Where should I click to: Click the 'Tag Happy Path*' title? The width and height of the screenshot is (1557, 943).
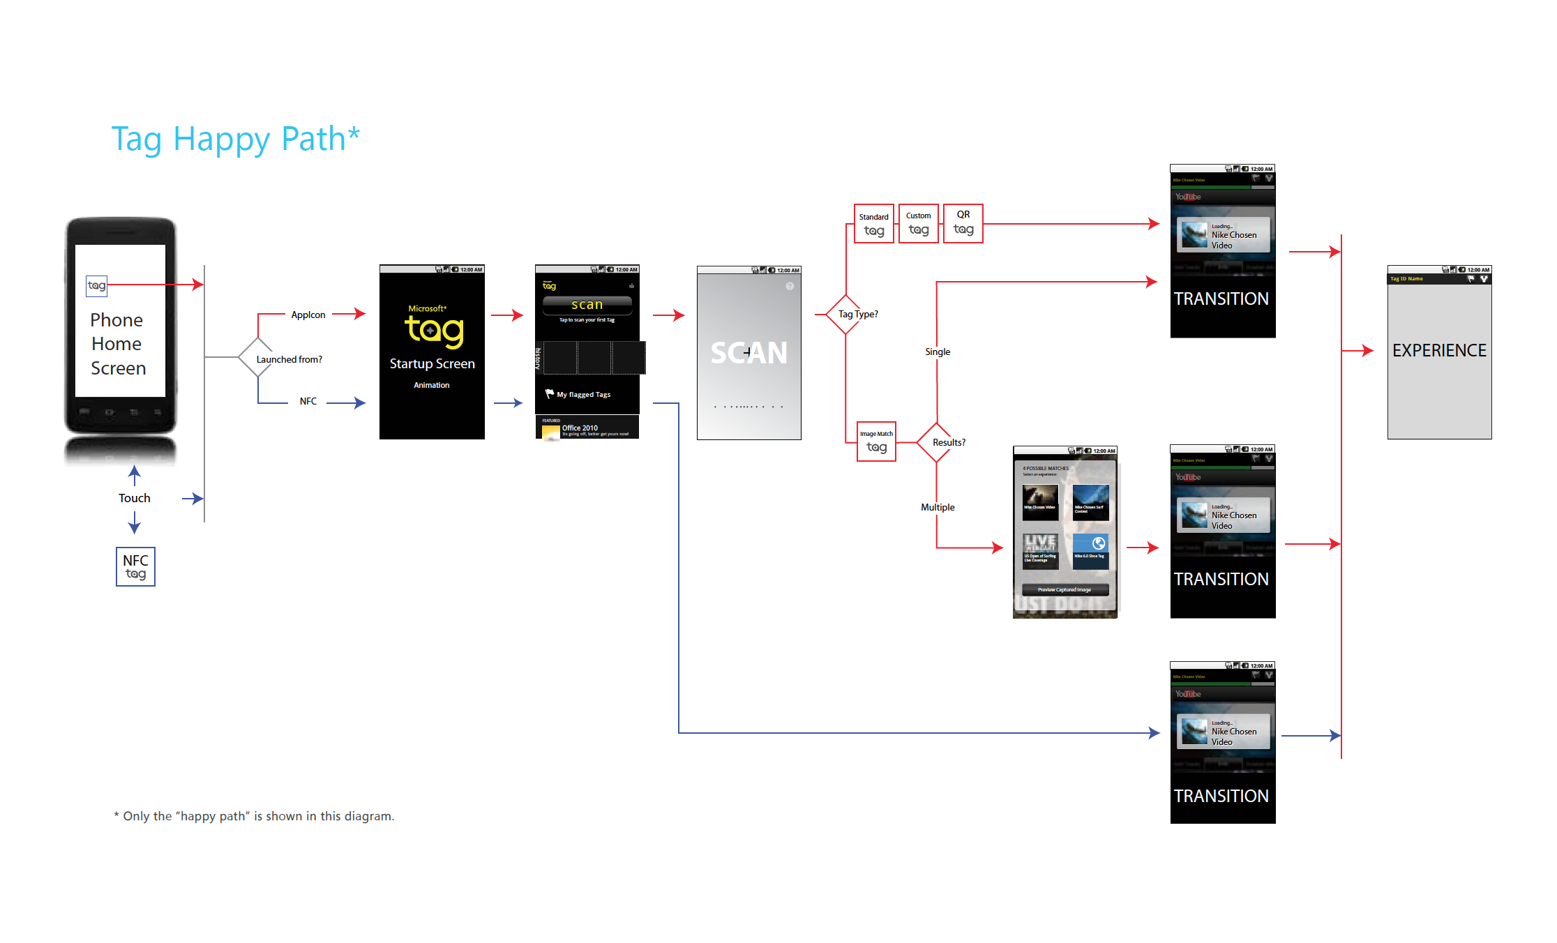[x=235, y=139]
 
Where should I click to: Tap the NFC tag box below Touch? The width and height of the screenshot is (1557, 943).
[x=135, y=566]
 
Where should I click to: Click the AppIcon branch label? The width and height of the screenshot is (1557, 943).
[x=308, y=315]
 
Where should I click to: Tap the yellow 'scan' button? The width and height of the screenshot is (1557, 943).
[x=587, y=305]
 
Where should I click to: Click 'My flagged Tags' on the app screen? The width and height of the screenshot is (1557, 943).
[x=583, y=395]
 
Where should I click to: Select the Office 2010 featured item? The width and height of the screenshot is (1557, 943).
[x=587, y=428]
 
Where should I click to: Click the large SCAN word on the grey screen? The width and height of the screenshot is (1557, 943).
[x=749, y=353]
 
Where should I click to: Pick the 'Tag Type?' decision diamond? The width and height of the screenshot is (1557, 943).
[x=845, y=315]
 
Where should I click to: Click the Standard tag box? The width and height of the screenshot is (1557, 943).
[x=874, y=224]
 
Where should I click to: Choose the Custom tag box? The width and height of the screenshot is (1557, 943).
[x=919, y=223]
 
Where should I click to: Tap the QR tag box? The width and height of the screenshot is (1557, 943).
[x=963, y=223]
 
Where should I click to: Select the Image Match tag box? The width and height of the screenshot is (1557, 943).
[x=876, y=442]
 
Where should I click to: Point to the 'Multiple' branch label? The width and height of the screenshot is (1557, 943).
[x=938, y=507]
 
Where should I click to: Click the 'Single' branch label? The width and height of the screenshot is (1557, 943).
[x=938, y=352]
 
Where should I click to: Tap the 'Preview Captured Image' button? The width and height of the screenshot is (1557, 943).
[x=1065, y=589]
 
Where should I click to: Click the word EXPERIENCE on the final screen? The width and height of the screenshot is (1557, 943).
[x=1439, y=350]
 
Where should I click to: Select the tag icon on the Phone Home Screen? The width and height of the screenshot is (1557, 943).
[x=96, y=285]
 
